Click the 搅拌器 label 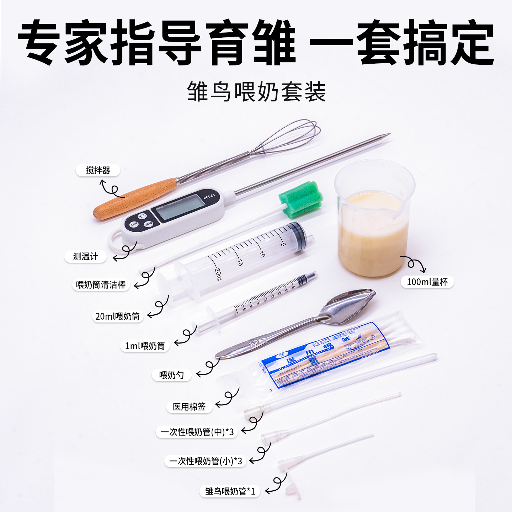click(x=98, y=170)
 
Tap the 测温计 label click(x=85, y=256)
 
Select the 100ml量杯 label click(x=427, y=282)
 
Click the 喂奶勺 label click(x=171, y=375)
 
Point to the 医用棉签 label click(x=189, y=407)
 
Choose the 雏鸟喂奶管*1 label click(x=230, y=491)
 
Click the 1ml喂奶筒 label click(x=145, y=346)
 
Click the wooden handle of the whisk click(x=135, y=199)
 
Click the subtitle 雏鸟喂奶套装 click(x=256, y=92)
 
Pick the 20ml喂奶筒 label click(x=117, y=316)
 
